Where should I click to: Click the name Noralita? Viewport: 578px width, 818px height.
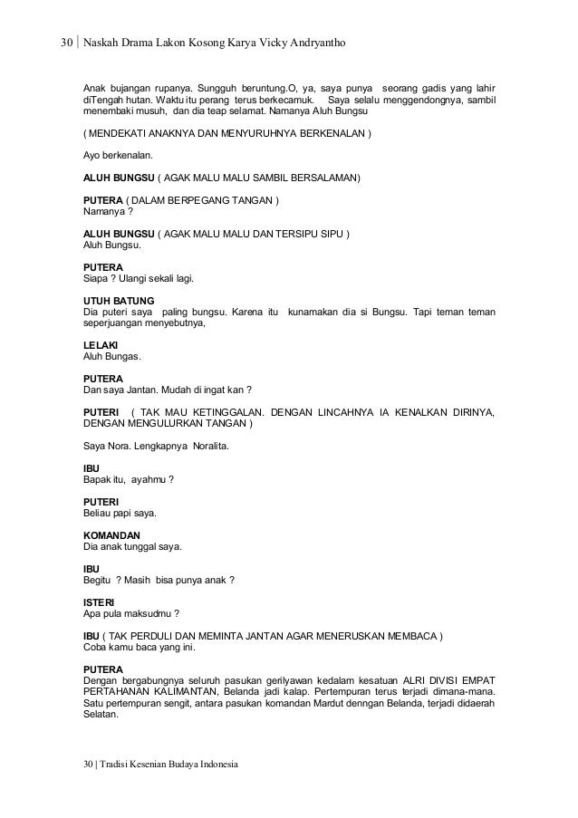point(207,447)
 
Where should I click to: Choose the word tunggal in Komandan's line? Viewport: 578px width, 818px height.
point(143,546)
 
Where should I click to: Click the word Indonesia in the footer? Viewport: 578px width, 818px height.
point(215,766)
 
